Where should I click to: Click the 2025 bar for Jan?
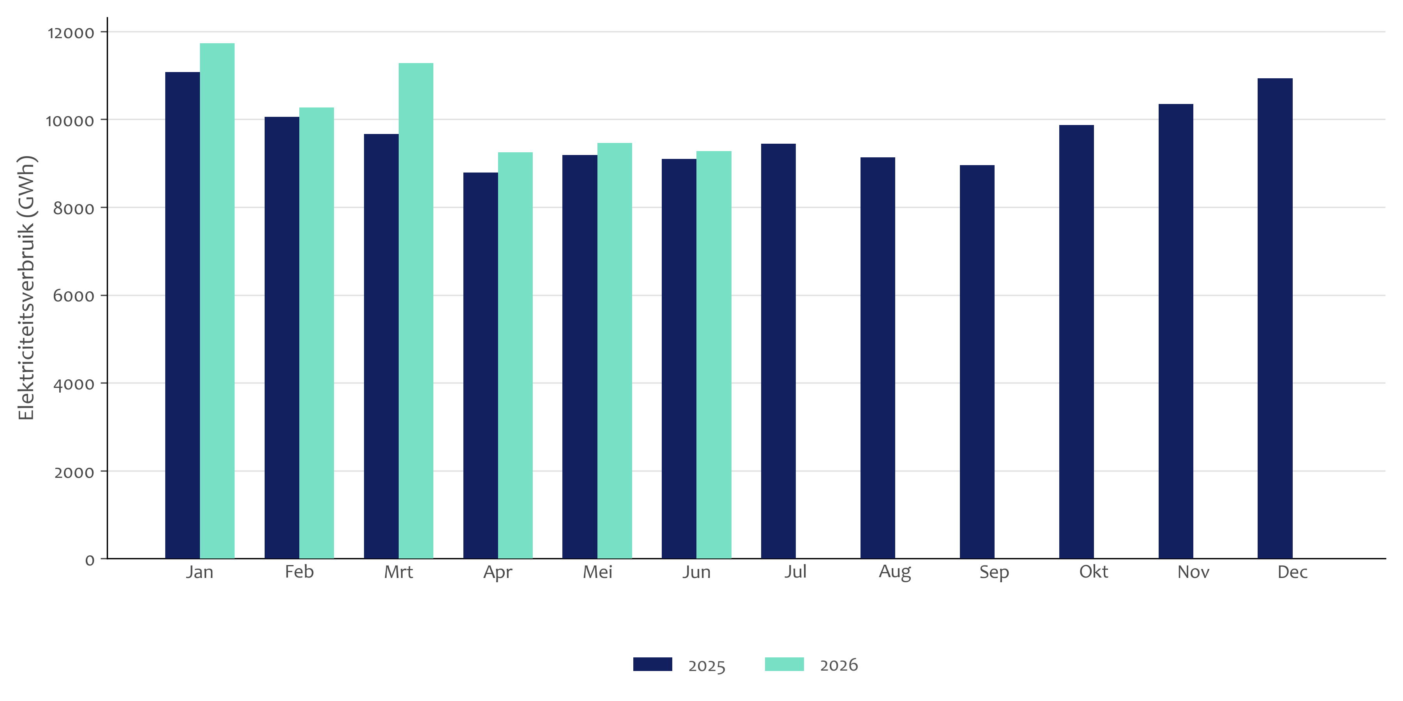point(182,315)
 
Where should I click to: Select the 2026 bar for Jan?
point(217,301)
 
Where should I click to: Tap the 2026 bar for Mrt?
point(416,311)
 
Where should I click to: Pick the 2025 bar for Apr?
point(481,365)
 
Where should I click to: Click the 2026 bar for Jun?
point(714,355)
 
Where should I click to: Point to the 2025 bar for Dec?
point(1275,319)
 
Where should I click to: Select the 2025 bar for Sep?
point(977,362)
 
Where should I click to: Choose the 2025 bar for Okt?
point(1076,342)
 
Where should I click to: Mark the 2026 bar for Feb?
point(316,333)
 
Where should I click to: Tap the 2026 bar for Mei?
point(615,350)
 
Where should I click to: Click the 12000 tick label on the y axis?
point(71,33)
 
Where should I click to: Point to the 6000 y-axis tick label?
point(74,296)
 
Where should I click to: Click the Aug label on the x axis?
point(895,572)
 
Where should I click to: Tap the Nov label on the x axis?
point(1193,572)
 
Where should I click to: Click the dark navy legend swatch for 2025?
point(652,664)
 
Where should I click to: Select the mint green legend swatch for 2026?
point(784,664)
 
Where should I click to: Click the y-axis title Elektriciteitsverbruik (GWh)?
point(26,288)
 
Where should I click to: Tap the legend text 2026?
point(839,665)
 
